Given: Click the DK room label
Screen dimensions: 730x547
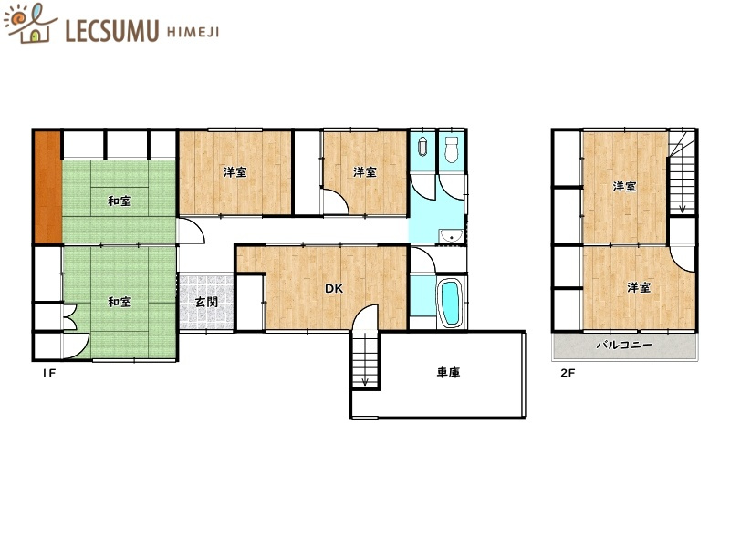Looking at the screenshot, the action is [334, 288].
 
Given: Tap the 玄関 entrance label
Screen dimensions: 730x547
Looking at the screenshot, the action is [206, 303].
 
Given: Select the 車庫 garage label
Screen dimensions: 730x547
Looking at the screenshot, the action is [448, 373].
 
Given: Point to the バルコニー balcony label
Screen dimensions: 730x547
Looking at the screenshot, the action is [624, 346].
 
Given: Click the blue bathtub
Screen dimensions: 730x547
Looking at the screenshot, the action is [450, 303].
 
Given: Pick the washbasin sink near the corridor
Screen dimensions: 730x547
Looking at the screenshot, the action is [451, 236].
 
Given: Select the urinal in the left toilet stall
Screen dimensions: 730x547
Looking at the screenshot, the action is [423, 146].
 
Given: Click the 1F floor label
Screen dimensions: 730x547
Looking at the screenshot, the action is [49, 373].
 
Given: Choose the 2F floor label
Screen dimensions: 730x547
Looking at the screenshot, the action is [568, 373].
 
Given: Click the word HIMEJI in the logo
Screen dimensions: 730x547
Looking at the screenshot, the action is [193, 32].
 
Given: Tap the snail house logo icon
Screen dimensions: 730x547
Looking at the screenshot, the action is [30, 24].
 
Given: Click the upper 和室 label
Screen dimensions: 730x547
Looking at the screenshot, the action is [120, 201].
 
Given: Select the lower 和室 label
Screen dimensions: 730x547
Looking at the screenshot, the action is [120, 302].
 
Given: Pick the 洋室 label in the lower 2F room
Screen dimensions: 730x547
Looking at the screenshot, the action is [638, 288].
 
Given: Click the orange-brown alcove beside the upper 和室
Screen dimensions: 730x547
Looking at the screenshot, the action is [48, 187].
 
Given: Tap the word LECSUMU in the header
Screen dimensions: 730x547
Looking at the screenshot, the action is [111, 31].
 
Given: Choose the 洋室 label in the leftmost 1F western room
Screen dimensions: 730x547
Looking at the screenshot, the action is [235, 172].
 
